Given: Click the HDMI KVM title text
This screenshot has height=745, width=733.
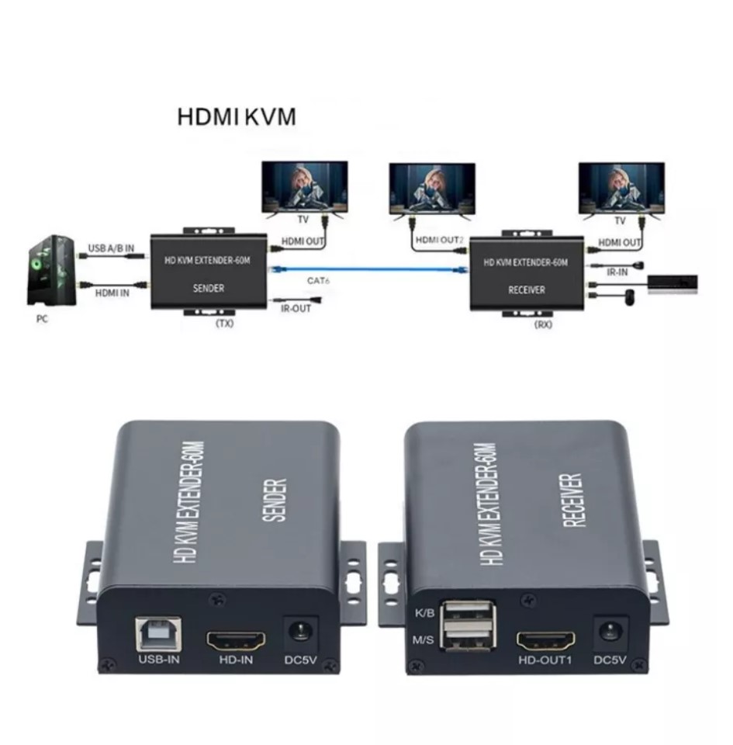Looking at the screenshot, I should [237, 117].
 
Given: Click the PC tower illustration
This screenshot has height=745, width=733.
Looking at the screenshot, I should [52, 272].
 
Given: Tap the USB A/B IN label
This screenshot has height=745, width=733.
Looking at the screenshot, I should [111, 248].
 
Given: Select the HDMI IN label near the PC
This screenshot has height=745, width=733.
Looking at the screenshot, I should [112, 293].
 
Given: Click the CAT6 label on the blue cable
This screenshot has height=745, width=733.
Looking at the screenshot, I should [319, 279].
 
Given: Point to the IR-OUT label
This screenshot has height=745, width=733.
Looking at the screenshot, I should [295, 308].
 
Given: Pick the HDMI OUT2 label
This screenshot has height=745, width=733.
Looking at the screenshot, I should [440, 241].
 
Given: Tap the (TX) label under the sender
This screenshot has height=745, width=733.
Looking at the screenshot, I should [223, 323].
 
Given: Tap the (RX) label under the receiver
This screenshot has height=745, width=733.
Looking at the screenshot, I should [543, 324].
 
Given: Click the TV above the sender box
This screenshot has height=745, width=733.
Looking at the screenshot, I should [304, 187].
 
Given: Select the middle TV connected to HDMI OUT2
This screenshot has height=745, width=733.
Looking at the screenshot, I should [432, 189].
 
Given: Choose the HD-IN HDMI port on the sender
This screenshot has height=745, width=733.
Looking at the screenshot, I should [235, 641].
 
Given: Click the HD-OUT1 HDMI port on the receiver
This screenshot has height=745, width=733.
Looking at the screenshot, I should [546, 641].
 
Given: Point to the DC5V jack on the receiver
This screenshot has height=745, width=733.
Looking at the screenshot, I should [609, 631].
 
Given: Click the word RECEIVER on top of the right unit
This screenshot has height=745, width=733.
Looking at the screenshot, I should [573, 501].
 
